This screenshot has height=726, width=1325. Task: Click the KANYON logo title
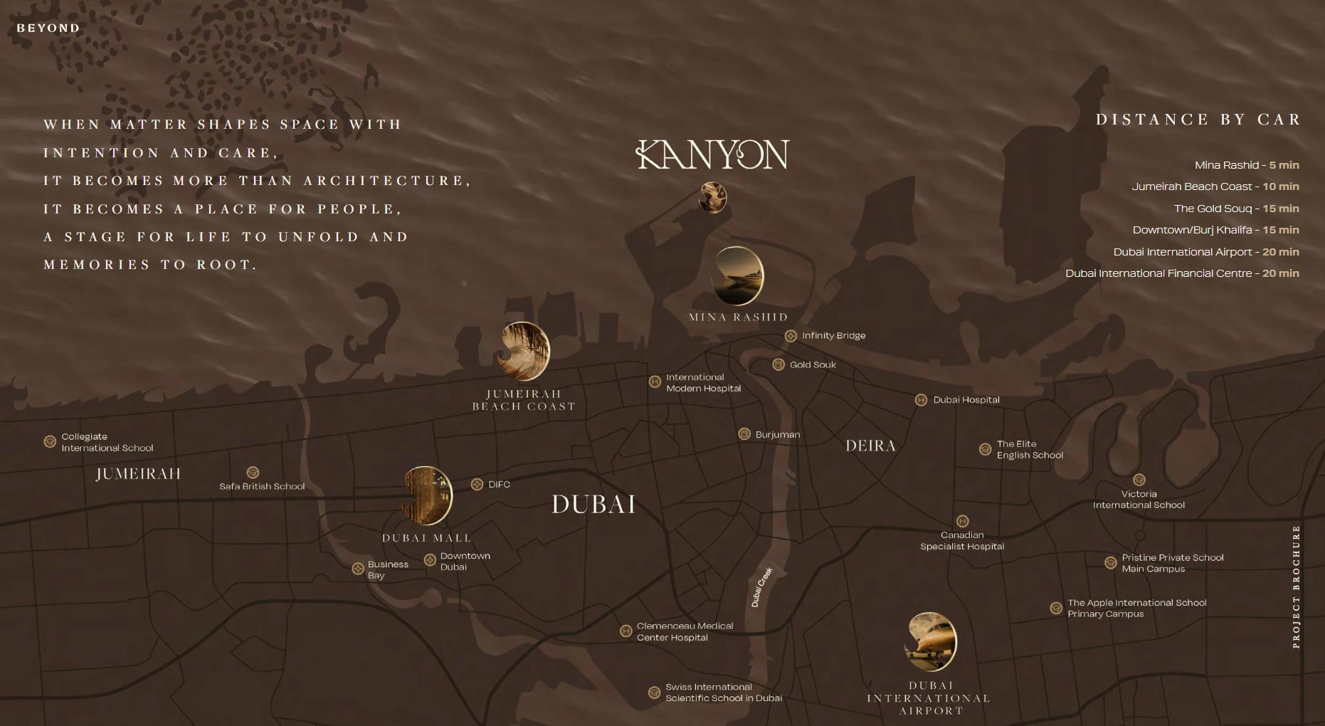[712, 154]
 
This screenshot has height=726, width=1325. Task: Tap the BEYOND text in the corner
[48, 28]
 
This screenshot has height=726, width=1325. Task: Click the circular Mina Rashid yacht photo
[737, 276]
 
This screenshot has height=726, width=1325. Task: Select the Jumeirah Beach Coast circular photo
[524, 351]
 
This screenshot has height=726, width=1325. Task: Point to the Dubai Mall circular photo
[427, 496]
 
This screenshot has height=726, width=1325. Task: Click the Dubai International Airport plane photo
[930, 641]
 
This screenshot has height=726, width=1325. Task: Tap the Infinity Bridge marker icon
[791, 336]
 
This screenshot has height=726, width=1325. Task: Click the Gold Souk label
[813, 364]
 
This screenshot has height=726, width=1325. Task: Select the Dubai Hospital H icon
[921, 400]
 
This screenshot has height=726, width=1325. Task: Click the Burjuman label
[777, 434]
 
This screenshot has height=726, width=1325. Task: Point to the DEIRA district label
[870, 446]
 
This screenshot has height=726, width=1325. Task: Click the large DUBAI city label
[593, 505]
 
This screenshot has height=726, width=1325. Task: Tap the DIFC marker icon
[477, 485]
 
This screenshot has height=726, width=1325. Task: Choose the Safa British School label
[262, 486]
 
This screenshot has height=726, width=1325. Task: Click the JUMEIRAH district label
[139, 474]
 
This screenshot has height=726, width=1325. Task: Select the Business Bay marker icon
[358, 569]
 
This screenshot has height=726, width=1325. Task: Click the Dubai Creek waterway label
[761, 587]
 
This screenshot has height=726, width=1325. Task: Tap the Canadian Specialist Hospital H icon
[963, 521]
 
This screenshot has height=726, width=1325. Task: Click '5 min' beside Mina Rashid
[1284, 165]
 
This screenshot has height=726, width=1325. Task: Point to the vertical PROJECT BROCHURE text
[1296, 586]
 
